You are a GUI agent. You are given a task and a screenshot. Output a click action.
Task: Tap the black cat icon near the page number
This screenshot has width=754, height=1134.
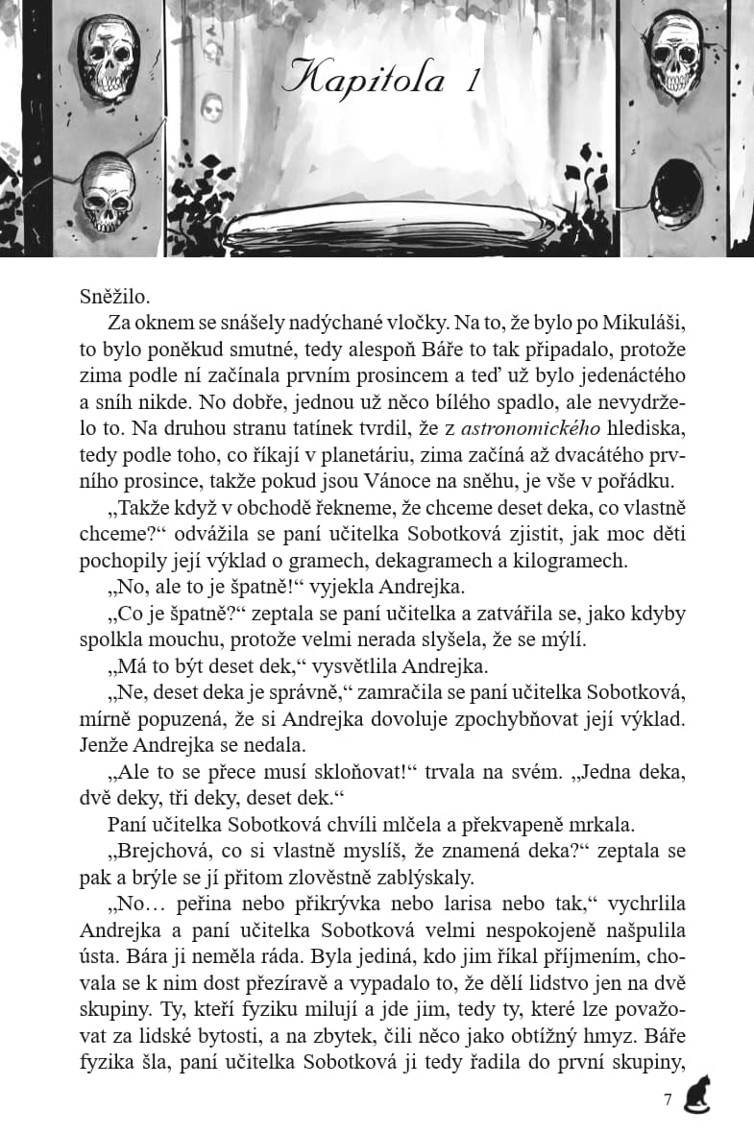(x=696, y=1096)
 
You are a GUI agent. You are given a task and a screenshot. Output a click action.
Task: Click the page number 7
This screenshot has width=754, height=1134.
(x=668, y=1100)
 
